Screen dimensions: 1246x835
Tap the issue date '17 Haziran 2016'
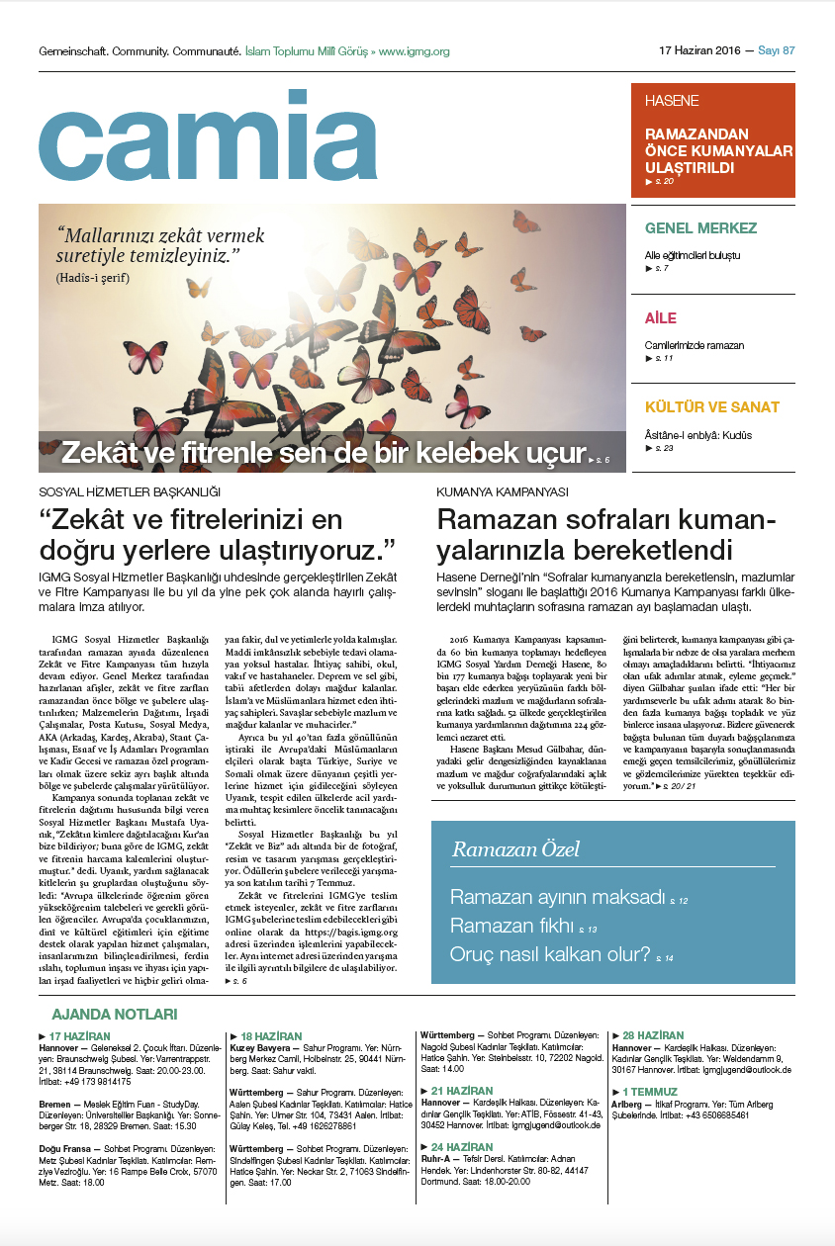699,50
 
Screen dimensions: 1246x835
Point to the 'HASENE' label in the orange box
672,101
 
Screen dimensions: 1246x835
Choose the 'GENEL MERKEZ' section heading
700,228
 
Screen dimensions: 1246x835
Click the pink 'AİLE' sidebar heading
660,318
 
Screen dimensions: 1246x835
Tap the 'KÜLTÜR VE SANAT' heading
711,407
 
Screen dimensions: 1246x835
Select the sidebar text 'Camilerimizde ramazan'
694,345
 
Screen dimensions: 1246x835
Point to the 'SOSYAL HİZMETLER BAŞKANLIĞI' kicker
129,491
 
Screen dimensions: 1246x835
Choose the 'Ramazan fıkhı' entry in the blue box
511,926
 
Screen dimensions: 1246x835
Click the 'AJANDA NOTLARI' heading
114,1015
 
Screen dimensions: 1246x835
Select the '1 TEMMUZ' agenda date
654,1091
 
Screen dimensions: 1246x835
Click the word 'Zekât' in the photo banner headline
100,453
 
